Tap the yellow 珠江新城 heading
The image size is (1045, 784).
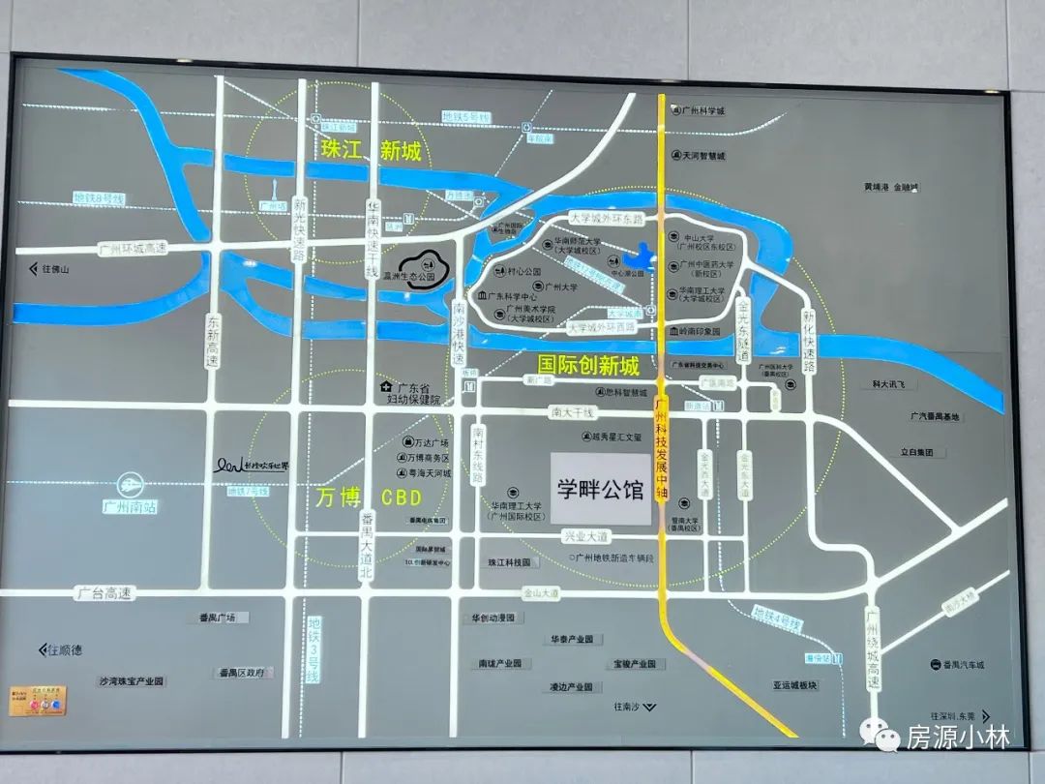372,151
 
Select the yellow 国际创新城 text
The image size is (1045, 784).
588,366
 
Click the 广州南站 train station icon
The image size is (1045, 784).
131,483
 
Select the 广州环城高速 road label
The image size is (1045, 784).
133,248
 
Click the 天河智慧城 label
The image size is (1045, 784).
703,155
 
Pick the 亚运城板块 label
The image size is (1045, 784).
794,684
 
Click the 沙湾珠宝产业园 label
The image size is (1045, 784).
132,681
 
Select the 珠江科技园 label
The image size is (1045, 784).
509,562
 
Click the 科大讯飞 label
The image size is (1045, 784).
887,384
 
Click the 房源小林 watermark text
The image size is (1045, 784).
957,739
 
